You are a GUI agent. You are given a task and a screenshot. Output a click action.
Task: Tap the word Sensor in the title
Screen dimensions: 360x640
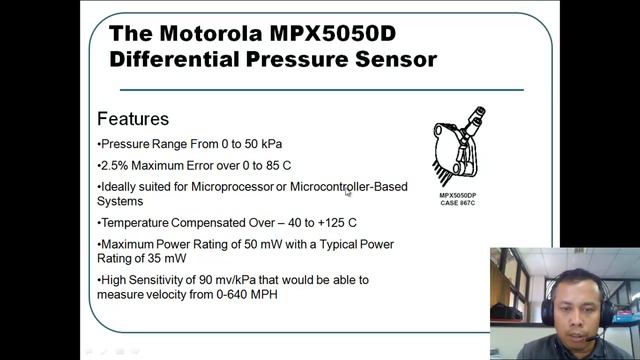tap(393, 59)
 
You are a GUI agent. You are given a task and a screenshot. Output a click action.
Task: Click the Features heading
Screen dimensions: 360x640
tap(133, 119)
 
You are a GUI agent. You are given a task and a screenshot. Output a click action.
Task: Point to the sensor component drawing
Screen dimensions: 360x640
tap(457, 149)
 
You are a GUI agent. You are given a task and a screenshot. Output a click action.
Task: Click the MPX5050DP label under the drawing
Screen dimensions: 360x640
tap(457, 195)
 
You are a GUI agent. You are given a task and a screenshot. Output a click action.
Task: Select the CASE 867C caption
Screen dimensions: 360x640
tap(457, 204)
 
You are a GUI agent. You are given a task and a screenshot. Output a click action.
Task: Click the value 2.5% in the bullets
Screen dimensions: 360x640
tap(115, 165)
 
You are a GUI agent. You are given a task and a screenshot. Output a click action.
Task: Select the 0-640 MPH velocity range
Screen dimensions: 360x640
tap(246, 294)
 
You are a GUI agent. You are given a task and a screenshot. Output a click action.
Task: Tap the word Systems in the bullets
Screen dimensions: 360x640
tap(121, 200)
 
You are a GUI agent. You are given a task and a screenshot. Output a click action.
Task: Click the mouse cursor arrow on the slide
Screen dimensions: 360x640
tap(349, 194)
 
